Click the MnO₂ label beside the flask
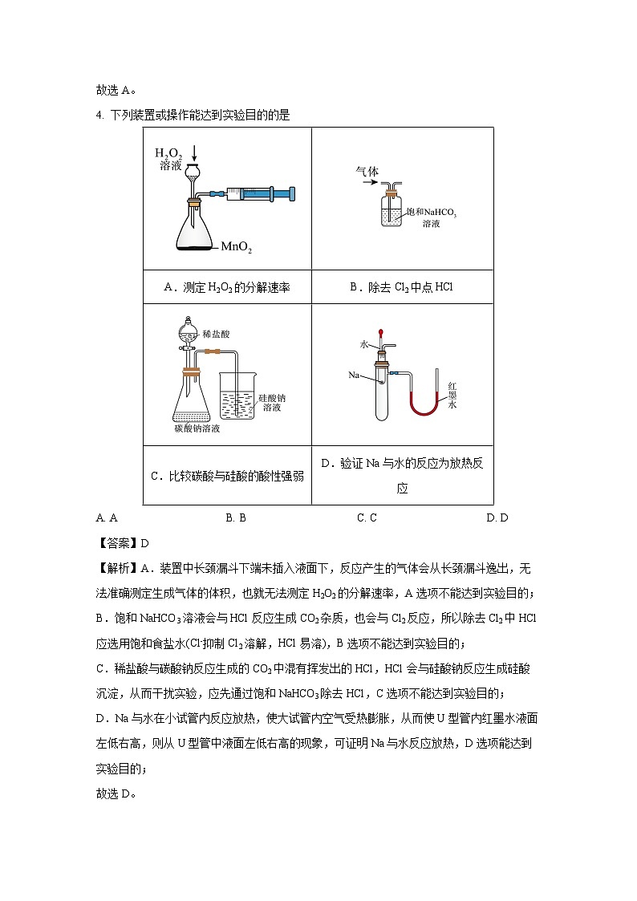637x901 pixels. pyautogui.click(x=237, y=250)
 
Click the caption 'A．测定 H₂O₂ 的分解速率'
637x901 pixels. pyautogui.click(x=226, y=287)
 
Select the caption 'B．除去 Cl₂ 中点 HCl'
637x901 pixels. pyautogui.click(x=401, y=287)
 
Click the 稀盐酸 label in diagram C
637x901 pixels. pyautogui.click(x=217, y=333)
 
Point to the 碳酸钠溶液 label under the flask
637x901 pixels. pyautogui.click(x=197, y=428)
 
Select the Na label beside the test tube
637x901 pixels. pyautogui.click(x=354, y=375)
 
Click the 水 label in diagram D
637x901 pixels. pyautogui.click(x=363, y=343)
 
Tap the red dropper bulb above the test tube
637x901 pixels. pyautogui.click(x=381, y=328)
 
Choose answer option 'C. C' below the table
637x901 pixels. pyautogui.click(x=367, y=517)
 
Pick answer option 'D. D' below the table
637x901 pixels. pyautogui.click(x=497, y=517)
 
